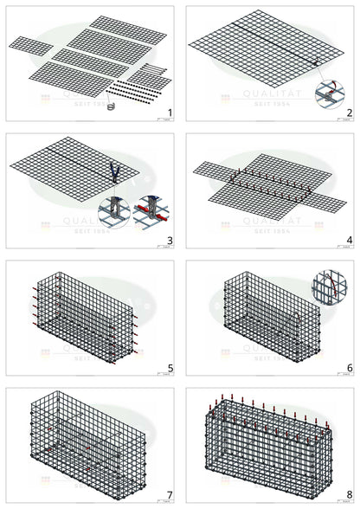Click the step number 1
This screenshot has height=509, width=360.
(x=170, y=113)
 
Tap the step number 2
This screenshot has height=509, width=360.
(x=349, y=113)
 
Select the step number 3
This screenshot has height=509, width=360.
(x=170, y=240)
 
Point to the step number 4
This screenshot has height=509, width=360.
(x=349, y=240)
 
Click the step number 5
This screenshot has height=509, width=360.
(x=170, y=368)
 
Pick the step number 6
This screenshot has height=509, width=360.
(x=349, y=368)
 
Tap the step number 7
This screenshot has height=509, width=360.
(x=170, y=495)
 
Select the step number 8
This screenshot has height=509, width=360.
(x=349, y=495)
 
